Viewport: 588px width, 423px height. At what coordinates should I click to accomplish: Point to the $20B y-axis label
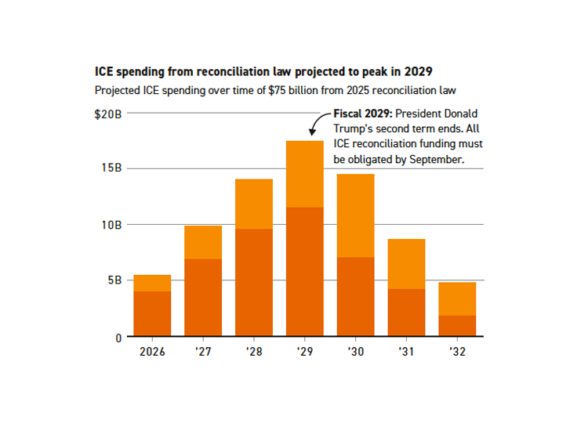107,114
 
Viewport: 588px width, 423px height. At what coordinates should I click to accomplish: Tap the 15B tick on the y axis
111,168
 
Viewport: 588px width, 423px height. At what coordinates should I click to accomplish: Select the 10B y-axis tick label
111,225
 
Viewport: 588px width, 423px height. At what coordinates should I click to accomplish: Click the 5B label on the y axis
114,280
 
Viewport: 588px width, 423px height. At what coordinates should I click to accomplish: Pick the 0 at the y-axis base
118,338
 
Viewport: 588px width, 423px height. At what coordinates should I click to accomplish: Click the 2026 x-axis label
152,352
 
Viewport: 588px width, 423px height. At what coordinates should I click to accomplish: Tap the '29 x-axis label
305,352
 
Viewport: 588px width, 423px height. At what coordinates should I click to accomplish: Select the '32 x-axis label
457,352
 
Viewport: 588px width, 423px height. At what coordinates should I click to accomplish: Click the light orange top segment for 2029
305,174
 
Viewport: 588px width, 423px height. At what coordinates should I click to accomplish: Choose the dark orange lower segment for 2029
305,272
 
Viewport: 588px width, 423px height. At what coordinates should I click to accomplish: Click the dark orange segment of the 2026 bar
152,314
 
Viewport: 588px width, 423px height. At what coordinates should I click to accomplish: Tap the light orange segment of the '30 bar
355,215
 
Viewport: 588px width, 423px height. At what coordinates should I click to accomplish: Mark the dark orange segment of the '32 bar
457,326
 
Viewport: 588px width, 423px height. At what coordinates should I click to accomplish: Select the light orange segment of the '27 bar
203,242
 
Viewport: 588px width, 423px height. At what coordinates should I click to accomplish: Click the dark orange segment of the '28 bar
254,283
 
